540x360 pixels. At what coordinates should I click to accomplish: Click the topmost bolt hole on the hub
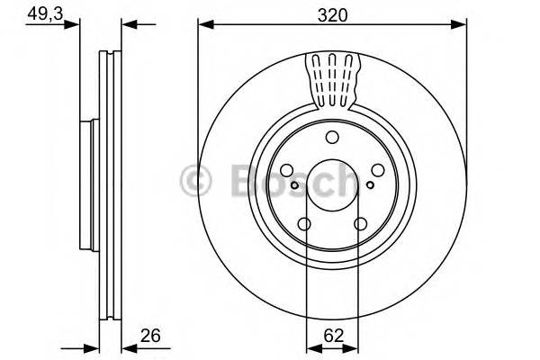click(x=332, y=137)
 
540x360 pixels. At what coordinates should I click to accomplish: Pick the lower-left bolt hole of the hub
click(x=305, y=224)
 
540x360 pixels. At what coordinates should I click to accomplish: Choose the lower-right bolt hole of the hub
click(x=360, y=224)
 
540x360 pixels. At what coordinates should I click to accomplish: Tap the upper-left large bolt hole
click(x=287, y=170)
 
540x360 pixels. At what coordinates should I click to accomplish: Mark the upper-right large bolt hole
click(x=378, y=170)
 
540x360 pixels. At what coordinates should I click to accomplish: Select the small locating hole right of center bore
click(x=370, y=184)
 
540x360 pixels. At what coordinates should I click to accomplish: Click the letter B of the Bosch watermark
click(x=236, y=180)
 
